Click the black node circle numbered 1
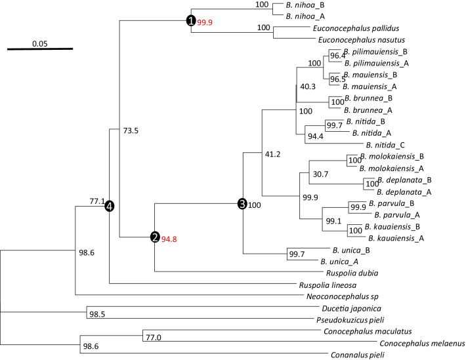coord(191,21)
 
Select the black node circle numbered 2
coord(155,237)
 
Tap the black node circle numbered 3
coord(242,205)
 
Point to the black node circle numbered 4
coord(110,206)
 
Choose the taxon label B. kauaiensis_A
coord(398,238)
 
